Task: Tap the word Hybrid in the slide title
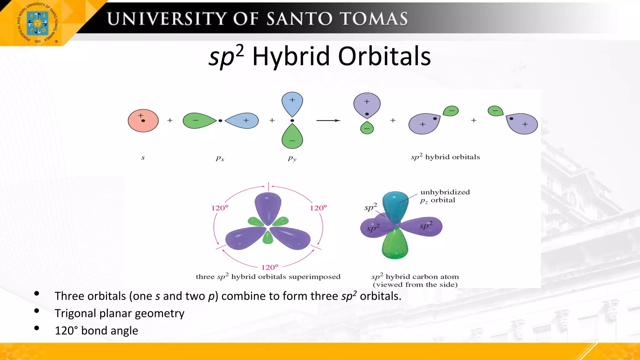pyautogui.click(x=291, y=56)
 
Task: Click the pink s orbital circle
pyautogui.click(x=143, y=121)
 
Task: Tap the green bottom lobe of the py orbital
pyautogui.click(x=292, y=137)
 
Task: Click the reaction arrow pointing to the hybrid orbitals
pyautogui.click(x=328, y=120)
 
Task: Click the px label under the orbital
pyautogui.click(x=220, y=158)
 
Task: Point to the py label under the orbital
pyautogui.click(x=292, y=158)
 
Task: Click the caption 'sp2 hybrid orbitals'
pyautogui.click(x=445, y=157)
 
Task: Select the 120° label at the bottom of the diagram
pyautogui.click(x=270, y=267)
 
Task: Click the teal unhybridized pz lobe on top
pyautogui.click(x=395, y=205)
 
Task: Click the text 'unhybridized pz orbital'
pyautogui.click(x=444, y=196)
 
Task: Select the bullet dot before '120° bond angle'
pyautogui.click(x=37, y=328)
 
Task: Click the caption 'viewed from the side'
pyautogui.click(x=415, y=284)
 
